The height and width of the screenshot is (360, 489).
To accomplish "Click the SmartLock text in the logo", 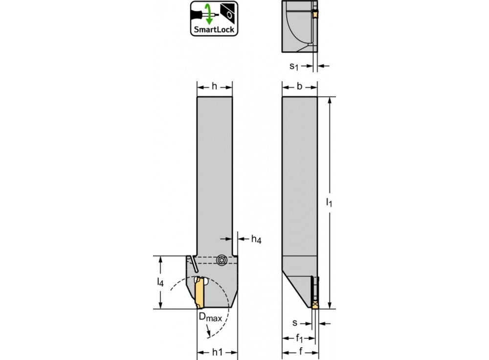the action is click(x=214, y=30).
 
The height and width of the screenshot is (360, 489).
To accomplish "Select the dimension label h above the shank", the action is click(x=214, y=87).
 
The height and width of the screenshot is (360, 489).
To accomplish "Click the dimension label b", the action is click(x=299, y=87).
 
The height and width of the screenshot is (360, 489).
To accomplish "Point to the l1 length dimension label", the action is click(x=329, y=202).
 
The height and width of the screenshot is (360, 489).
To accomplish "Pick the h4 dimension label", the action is click(x=256, y=239).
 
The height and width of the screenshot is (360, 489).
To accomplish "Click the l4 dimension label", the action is click(x=160, y=282).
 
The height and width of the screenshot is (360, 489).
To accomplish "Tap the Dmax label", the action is click(x=210, y=317).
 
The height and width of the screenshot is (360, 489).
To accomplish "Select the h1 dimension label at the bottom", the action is click(x=218, y=352).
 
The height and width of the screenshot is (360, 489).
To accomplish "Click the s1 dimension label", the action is click(x=294, y=66).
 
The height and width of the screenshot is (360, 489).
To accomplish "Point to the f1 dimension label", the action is click(x=299, y=338).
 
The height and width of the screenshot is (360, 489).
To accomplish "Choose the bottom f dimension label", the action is click(x=301, y=352).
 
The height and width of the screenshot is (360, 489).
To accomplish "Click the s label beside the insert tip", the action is click(x=295, y=323).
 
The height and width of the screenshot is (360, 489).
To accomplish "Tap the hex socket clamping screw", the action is click(x=221, y=260).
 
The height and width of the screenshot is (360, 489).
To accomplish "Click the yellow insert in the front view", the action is click(x=199, y=293).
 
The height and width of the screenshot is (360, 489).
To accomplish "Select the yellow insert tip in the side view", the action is click(x=315, y=305).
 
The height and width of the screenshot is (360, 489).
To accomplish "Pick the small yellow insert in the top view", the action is click(x=315, y=13).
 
